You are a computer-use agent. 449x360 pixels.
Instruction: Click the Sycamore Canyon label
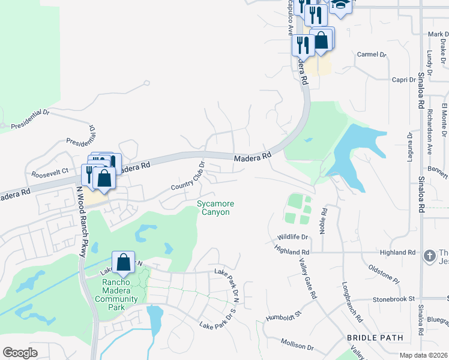coord(215,208)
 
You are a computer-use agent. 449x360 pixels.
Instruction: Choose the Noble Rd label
coord(324,221)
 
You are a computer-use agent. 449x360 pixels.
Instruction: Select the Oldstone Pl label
coord(384,272)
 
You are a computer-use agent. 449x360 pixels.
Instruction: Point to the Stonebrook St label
coord(394,298)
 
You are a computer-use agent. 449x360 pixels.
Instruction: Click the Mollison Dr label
coord(297,344)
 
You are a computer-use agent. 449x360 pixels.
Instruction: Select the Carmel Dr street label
coord(372,55)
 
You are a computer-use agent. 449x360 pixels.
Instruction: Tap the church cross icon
coord(429,256)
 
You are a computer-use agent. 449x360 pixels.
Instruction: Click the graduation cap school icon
coord(340,5)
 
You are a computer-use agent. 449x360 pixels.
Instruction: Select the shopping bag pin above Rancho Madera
coord(123,262)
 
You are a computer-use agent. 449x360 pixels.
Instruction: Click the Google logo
coord(20,353)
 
